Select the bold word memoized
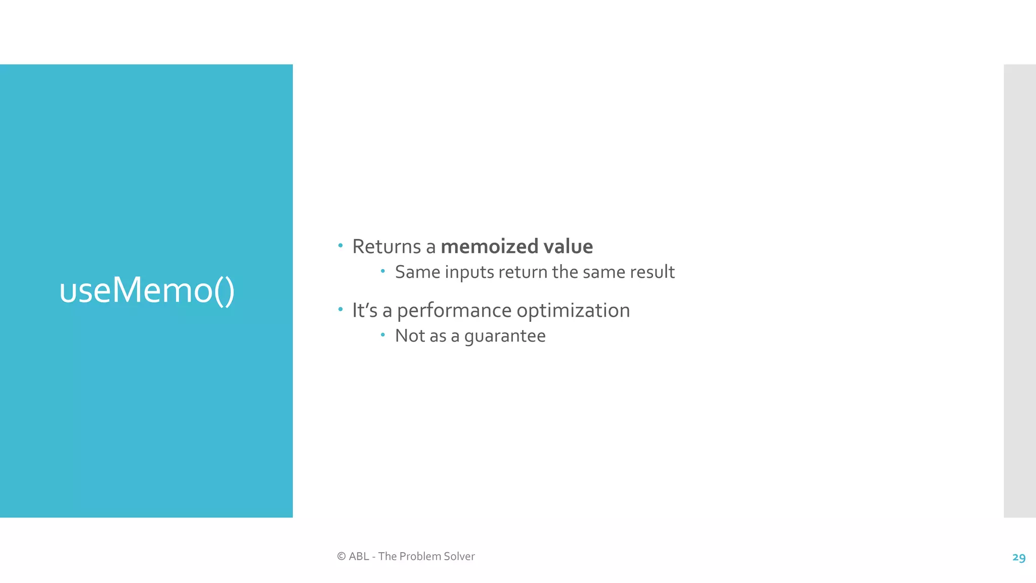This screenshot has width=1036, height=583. [489, 247]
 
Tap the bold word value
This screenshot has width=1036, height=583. [568, 247]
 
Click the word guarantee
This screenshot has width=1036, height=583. [504, 336]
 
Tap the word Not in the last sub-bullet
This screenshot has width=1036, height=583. [409, 336]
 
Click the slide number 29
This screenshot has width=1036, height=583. [1019, 558]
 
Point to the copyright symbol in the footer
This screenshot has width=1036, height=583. [341, 557]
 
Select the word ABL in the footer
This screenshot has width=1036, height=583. [359, 557]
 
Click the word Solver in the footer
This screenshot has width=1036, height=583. [459, 557]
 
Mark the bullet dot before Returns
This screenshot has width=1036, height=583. [340, 246]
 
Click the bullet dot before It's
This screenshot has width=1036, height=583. [340, 309]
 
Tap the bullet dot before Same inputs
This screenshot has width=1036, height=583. [383, 271]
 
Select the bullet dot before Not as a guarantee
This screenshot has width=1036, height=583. [383, 335]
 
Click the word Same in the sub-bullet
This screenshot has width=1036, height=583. [417, 272]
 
